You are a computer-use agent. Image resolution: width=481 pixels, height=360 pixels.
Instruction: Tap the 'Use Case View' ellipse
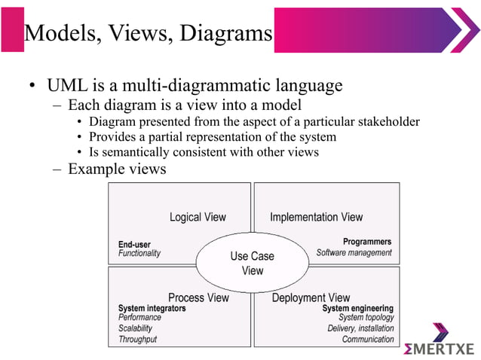click(x=253, y=263)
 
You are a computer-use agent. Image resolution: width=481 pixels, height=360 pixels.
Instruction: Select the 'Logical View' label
click(x=198, y=217)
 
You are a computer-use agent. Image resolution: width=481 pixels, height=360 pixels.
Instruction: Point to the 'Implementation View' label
click(x=316, y=217)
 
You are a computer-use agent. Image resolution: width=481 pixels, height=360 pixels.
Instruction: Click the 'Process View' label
click(x=198, y=297)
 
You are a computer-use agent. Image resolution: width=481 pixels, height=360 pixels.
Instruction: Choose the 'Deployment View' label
click(x=311, y=297)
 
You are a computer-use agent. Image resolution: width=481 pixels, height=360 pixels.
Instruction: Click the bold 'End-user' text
click(x=134, y=244)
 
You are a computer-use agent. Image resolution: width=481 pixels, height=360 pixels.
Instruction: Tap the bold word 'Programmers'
click(x=367, y=242)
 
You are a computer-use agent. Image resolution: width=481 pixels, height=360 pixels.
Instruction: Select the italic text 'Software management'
click(x=354, y=253)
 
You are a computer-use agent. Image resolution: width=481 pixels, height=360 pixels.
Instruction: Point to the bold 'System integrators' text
click(x=152, y=308)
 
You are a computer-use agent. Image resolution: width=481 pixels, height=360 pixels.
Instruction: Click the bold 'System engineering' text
click(x=357, y=308)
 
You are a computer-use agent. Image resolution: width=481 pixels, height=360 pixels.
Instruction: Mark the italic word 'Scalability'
click(x=135, y=328)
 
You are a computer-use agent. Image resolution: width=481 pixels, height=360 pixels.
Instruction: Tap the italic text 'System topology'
click(x=366, y=318)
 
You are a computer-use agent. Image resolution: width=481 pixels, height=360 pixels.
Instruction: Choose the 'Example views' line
click(x=117, y=169)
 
